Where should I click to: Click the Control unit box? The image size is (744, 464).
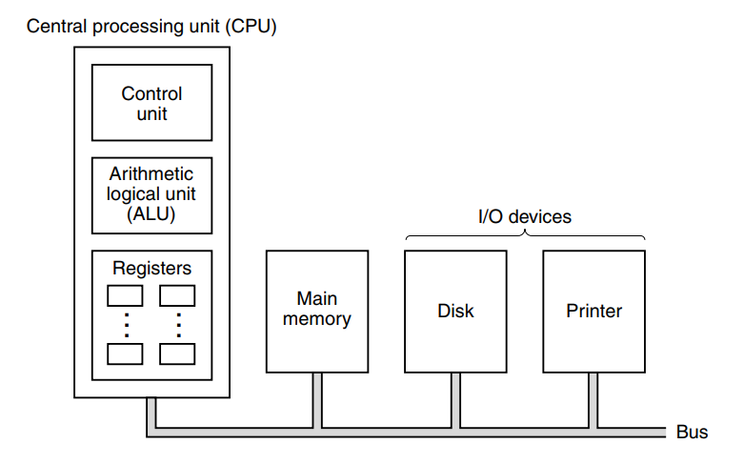pos(151,103)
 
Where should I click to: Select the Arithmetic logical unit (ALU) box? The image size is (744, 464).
pos(151,195)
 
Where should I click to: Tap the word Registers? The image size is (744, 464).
pos(151,269)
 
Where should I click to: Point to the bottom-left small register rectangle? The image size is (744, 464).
pos(126,353)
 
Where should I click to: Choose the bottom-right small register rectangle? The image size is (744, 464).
pos(178,353)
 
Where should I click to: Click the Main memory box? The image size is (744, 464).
pos(316,311)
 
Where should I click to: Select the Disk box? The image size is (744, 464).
pos(455,311)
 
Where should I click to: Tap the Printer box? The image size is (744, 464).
pos(593,311)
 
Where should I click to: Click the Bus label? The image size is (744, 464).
pos(692,433)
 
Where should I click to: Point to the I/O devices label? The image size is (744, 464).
pos(524,217)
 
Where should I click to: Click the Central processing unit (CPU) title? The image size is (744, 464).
pos(151,26)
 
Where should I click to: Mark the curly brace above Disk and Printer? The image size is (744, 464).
pos(525,235)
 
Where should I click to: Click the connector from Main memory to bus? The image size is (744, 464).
pos(316,399)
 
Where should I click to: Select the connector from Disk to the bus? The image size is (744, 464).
pos(455,399)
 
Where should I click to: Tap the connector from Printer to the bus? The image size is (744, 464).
pos(593,399)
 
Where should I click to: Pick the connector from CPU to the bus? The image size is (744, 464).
pos(151,414)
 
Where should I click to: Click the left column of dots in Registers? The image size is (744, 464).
pos(126,325)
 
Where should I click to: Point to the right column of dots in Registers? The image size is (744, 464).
pos(178,325)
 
